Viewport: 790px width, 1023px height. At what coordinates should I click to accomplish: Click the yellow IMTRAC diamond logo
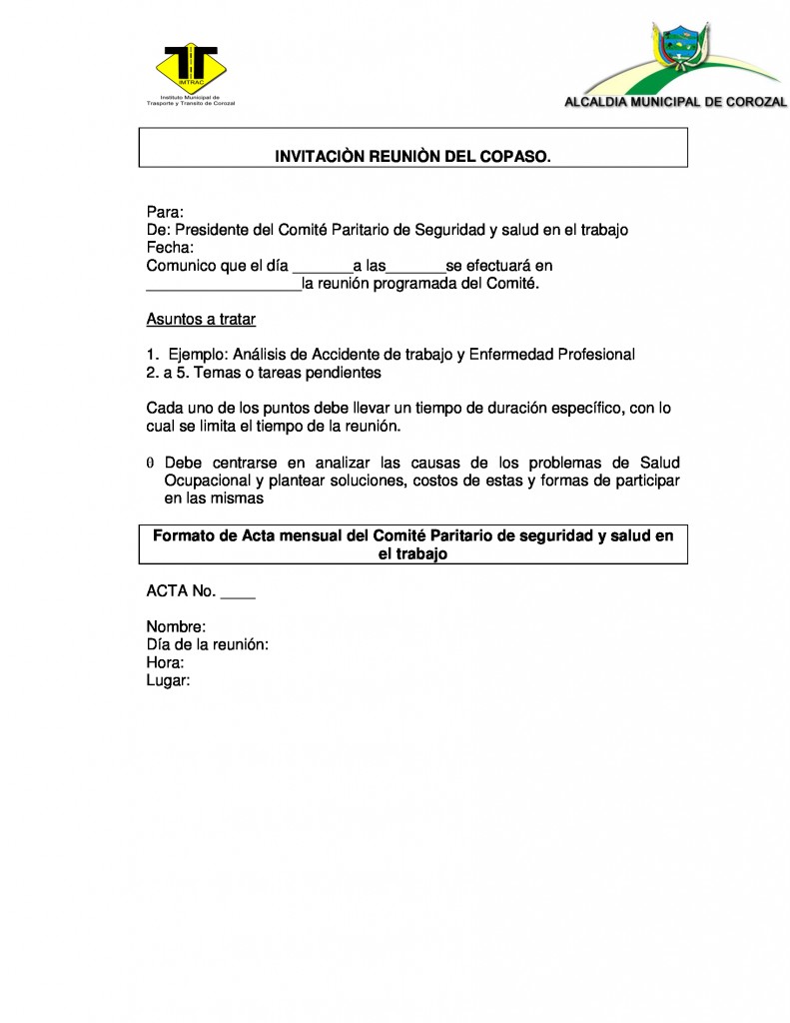pyautogui.click(x=191, y=65)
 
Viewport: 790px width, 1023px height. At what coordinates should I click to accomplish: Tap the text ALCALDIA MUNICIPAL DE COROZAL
pyautogui.click(x=675, y=101)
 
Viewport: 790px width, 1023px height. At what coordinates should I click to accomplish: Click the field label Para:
pyautogui.click(x=165, y=212)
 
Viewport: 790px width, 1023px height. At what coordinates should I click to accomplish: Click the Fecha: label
pyautogui.click(x=170, y=248)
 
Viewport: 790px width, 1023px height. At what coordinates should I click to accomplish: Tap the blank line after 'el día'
pyautogui.click(x=322, y=268)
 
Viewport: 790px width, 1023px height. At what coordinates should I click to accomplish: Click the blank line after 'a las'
pyautogui.click(x=415, y=268)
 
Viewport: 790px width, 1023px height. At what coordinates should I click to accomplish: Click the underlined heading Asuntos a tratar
pyautogui.click(x=201, y=320)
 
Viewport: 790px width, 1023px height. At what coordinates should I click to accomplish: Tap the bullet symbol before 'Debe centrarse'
pyautogui.click(x=150, y=464)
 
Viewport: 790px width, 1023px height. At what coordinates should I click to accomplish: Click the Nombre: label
pyautogui.click(x=176, y=627)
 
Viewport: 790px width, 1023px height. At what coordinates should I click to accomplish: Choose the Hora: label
pyautogui.click(x=165, y=662)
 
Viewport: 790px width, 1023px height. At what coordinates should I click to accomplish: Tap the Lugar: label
pyautogui.click(x=168, y=680)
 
